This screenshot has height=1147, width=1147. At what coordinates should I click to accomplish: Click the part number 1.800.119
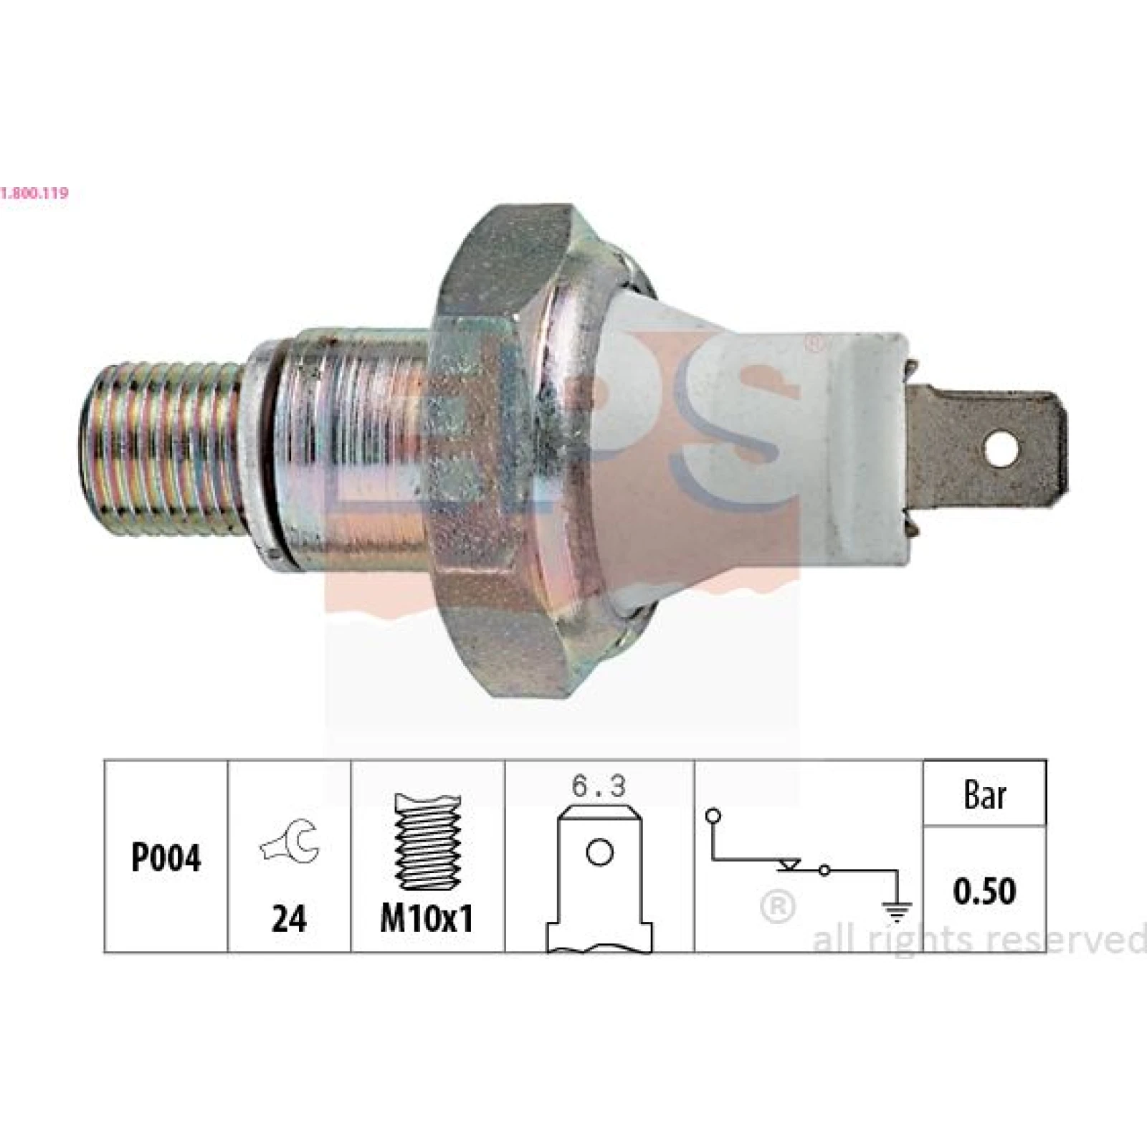point(34,193)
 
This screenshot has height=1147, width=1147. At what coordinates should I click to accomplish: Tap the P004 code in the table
point(166,857)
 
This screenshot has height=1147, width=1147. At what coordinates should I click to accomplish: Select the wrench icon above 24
point(290,841)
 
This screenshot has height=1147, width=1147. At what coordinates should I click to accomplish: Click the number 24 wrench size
point(289,918)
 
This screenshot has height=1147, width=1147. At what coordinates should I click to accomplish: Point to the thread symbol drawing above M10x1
point(426,842)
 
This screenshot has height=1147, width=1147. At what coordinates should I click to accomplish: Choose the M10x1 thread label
point(427,918)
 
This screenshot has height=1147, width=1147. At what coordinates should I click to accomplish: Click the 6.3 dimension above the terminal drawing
point(599,787)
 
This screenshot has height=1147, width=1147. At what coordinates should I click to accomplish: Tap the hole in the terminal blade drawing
point(599,852)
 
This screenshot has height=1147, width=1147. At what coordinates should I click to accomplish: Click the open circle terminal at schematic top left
point(713,815)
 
